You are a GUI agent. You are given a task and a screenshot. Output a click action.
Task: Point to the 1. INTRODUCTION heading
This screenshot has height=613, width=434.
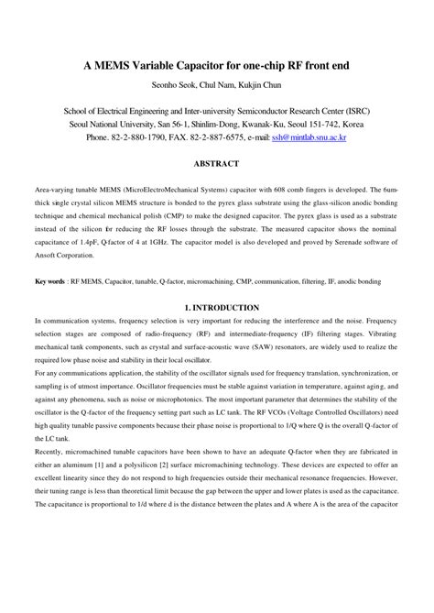click(217, 308)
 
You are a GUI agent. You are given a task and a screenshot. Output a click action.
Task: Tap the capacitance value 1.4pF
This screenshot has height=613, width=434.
click(97, 246)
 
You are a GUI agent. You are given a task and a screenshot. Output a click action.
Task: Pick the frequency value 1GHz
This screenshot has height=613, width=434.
click(169, 246)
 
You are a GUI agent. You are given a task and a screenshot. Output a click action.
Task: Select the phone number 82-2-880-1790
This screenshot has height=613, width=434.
click(146, 137)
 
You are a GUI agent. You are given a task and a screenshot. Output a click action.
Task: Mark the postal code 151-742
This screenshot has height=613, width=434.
click(320, 123)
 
